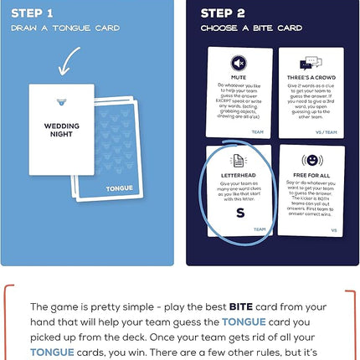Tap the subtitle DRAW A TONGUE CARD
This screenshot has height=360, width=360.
click(x=64, y=28)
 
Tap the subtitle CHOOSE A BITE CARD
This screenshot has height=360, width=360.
click(x=251, y=28)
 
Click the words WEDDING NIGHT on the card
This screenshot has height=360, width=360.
click(x=62, y=130)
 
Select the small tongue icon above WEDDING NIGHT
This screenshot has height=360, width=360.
click(x=61, y=103)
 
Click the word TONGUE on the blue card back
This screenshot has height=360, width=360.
click(x=120, y=188)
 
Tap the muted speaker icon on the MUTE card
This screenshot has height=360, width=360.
click(x=238, y=63)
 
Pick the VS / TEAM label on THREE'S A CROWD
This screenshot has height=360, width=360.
click(x=327, y=131)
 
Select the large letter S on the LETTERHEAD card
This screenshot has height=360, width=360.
click(x=240, y=213)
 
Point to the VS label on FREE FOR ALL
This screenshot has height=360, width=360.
click(x=333, y=229)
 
